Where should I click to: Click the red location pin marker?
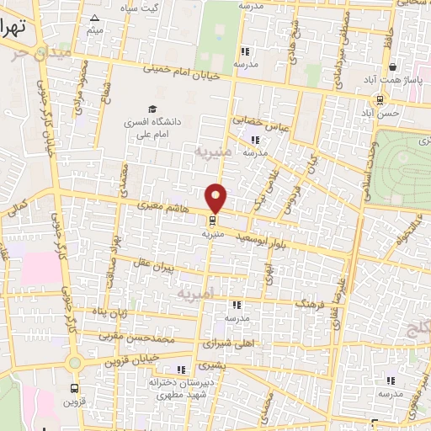[x=216, y=196]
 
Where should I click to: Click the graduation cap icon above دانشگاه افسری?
[x=152, y=109]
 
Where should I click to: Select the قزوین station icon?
[x=75, y=388]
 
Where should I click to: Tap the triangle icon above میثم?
[x=94, y=18]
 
